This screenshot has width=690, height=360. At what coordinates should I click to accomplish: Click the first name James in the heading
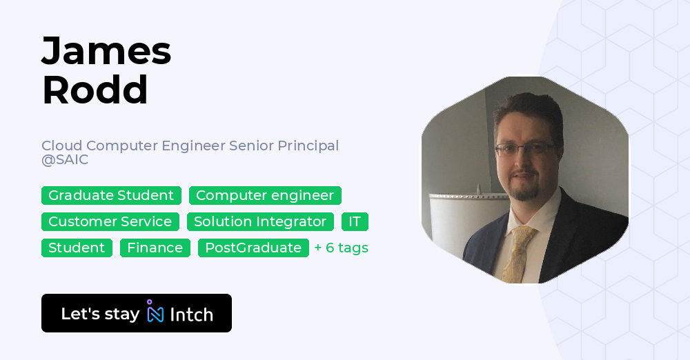tap(106, 51)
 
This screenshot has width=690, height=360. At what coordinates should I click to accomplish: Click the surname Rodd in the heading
tap(95, 90)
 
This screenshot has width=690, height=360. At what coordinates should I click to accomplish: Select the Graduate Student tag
tap(111, 195)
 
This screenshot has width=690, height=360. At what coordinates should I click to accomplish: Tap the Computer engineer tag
tap(265, 195)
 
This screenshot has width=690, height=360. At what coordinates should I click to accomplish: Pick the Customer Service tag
tap(110, 221)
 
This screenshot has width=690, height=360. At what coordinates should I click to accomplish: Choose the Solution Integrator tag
tap(260, 221)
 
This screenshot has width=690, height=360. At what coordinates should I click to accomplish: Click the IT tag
tap(355, 221)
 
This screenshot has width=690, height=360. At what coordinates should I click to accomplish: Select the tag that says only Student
tap(77, 248)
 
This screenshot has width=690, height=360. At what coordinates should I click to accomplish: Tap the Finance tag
tap(155, 248)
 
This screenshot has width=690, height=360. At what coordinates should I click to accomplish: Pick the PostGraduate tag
tap(253, 248)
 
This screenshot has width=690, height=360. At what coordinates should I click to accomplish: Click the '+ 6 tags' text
tap(342, 248)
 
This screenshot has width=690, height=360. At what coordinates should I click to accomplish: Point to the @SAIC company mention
tap(65, 159)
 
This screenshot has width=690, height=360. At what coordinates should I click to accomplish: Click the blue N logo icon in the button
tap(155, 314)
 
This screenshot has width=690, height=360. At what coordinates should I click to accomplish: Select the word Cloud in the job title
tap(61, 146)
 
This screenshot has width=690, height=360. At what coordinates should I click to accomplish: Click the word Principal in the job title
tap(308, 146)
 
